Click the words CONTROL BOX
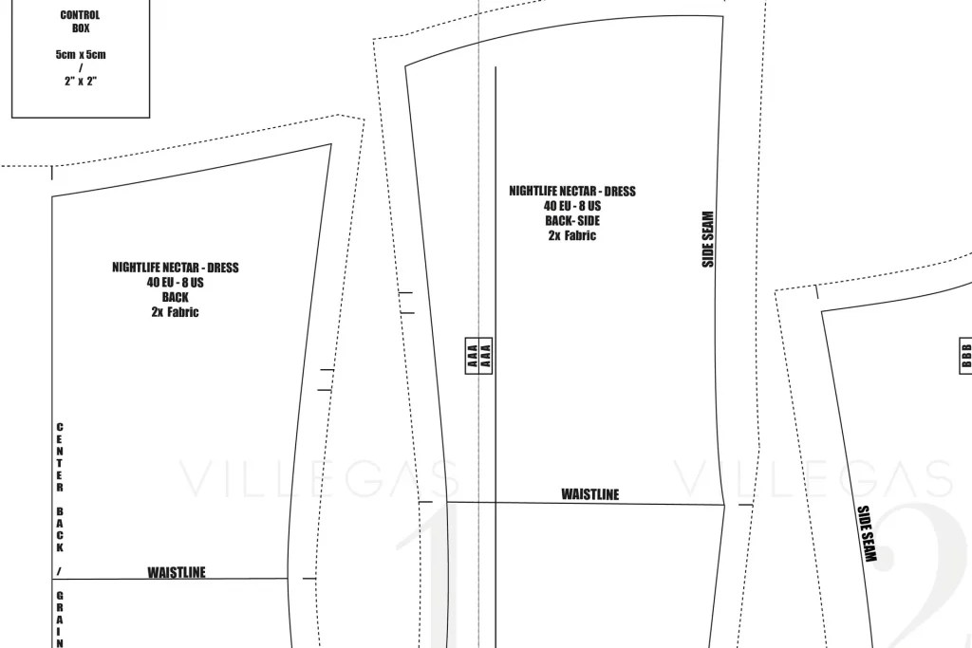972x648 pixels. [x=80, y=22]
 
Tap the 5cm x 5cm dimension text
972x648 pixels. [x=81, y=54]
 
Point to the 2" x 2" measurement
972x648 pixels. [x=81, y=82]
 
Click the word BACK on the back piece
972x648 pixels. [x=175, y=297]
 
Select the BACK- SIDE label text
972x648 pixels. [x=572, y=220]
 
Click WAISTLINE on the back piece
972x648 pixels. [x=176, y=572]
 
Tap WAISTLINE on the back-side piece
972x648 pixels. [x=590, y=494]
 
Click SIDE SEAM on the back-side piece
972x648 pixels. [x=708, y=239]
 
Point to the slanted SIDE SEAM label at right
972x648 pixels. [x=867, y=533]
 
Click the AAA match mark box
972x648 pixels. [x=478, y=356]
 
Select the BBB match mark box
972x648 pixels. [x=965, y=356]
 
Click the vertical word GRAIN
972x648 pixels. [x=60, y=620]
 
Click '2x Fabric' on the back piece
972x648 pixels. [x=175, y=312]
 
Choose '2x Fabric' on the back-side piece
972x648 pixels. [x=572, y=235]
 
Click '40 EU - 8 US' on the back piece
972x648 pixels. [x=175, y=283]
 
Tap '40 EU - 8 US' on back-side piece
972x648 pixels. [x=572, y=206]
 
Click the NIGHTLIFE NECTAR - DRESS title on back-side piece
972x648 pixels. [x=572, y=191]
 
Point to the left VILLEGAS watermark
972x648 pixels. [x=319, y=479]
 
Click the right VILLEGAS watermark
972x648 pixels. [x=813, y=479]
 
